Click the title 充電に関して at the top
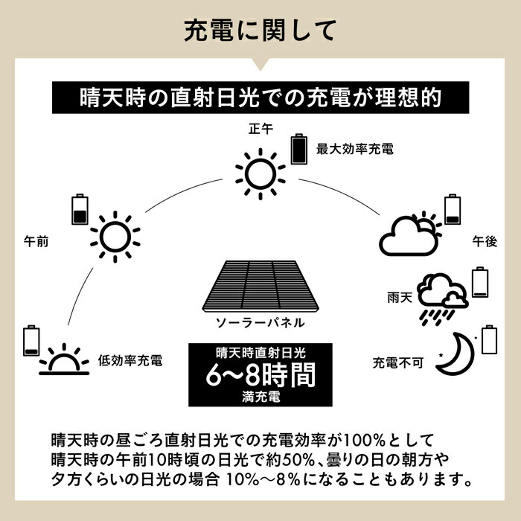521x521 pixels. click(x=260, y=31)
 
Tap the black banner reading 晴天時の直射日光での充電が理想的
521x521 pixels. click(x=260, y=98)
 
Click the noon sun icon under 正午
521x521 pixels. click(x=260, y=173)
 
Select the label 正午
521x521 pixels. click(x=260, y=129)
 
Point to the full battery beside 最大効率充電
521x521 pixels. click(x=298, y=148)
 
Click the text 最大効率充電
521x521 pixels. click(x=354, y=149)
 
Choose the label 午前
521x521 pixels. click(x=36, y=242)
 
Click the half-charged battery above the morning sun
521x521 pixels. click(x=79, y=209)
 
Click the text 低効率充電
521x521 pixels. click(x=130, y=361)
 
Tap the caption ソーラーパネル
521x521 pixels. click(x=260, y=323)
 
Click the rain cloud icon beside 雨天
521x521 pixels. click(x=441, y=297)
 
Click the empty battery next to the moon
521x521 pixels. click(x=489, y=339)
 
